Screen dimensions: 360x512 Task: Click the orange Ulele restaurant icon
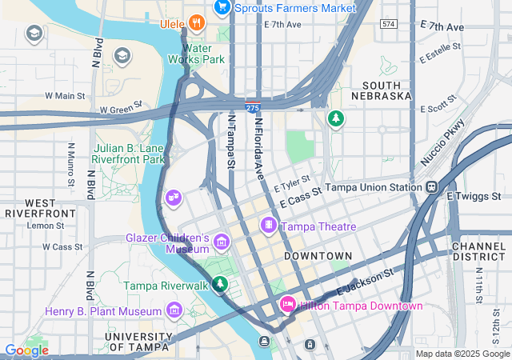tap(195, 23)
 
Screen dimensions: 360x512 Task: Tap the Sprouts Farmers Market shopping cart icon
tap(222, 8)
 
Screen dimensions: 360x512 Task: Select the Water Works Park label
tap(195, 53)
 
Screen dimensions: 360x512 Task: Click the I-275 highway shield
tap(252, 106)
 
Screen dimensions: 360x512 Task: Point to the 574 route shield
tap(389, 25)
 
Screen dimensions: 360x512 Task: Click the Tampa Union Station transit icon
tap(432, 187)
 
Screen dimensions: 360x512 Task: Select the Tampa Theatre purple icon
tap(268, 226)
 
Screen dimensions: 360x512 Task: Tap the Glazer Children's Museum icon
tap(222, 242)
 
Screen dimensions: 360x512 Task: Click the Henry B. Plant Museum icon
tap(174, 310)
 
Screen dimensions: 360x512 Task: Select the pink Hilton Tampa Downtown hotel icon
tap(287, 305)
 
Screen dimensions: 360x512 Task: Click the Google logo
tap(26, 350)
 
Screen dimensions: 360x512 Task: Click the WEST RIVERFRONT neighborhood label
tap(40, 209)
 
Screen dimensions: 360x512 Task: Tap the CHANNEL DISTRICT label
tap(478, 251)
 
